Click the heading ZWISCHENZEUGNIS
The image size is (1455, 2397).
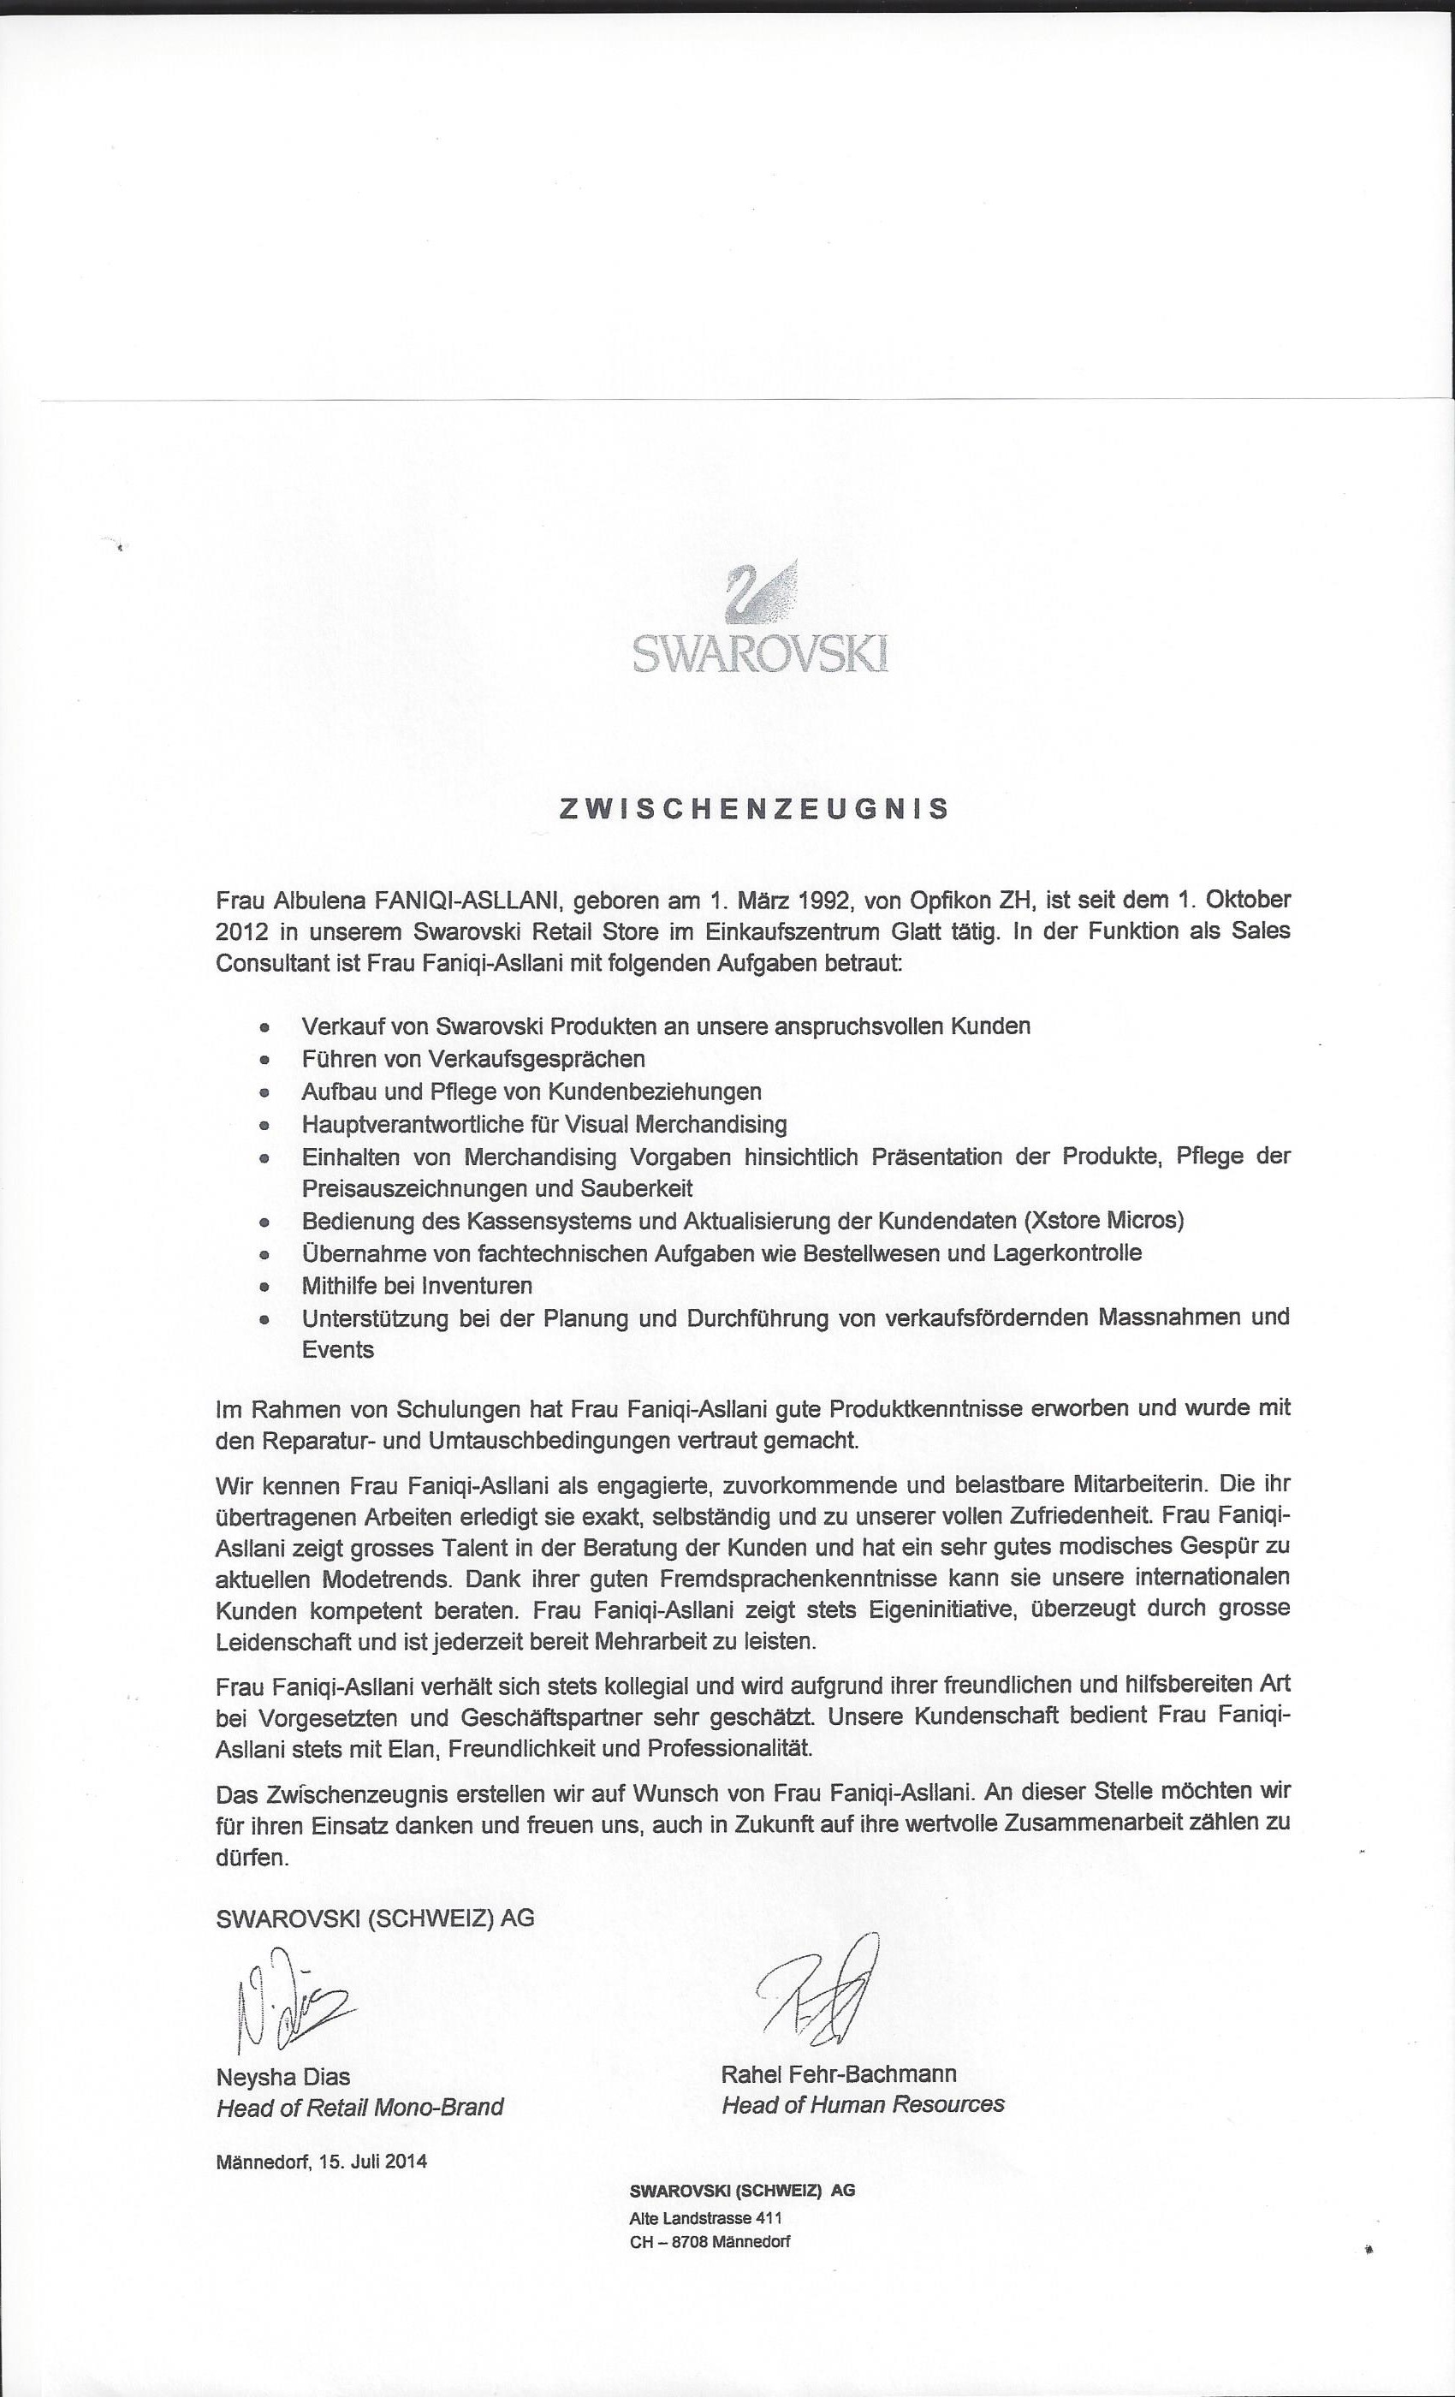coord(755,809)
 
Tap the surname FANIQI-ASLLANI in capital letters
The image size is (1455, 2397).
coord(465,899)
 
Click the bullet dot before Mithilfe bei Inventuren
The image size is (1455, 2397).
coord(263,1286)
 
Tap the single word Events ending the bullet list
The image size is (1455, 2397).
coord(337,1349)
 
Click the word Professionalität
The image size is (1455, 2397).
coord(730,1748)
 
